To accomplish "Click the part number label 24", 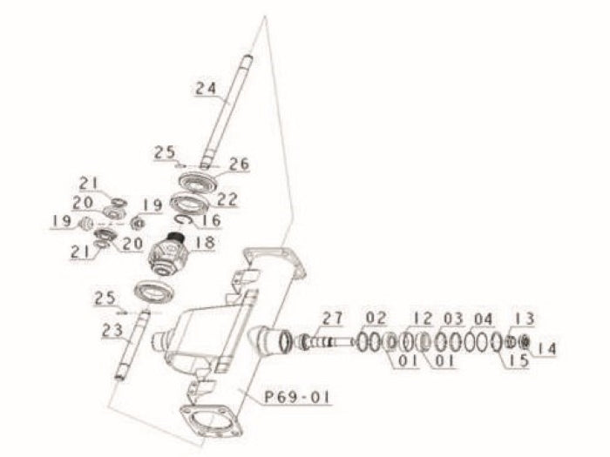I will pos(205,88).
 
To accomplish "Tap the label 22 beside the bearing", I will pos(227,199).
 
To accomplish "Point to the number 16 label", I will pos(212,221).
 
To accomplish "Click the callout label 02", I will pos(376,316).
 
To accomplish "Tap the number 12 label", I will pos(423,317).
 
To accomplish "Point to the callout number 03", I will pos(453,317).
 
